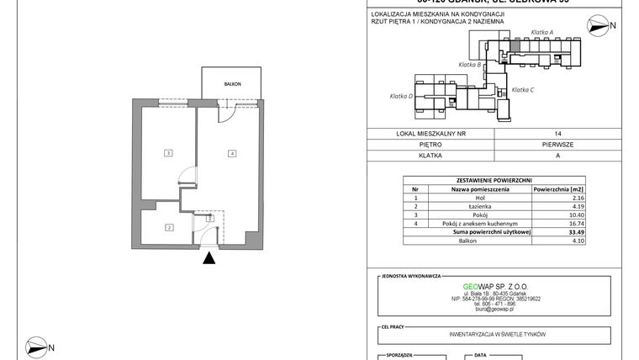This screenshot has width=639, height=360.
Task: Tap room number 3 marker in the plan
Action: (169, 153)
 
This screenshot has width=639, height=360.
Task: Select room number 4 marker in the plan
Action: (230, 153)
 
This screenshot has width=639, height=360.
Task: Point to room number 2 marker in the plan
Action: (169, 227)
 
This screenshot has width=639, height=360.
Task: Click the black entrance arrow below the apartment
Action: (209, 260)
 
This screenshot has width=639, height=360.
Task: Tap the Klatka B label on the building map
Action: (469, 65)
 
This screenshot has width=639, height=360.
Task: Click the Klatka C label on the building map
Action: (523, 89)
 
